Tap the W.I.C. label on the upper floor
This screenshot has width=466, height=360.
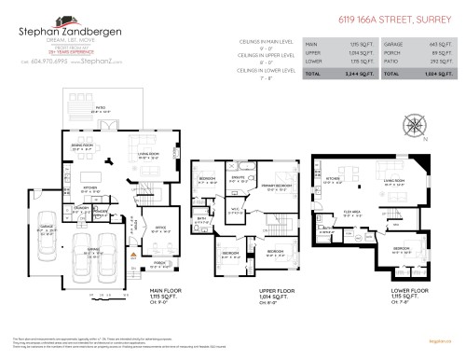237,209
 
